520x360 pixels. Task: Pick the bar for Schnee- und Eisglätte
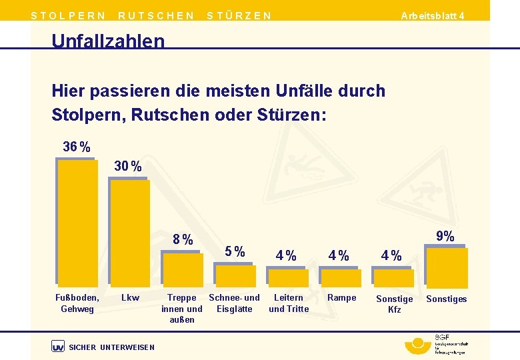click(x=235, y=275)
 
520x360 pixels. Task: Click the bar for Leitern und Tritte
click(x=289, y=278)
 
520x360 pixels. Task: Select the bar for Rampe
click(x=341, y=278)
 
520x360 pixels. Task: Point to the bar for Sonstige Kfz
click(x=395, y=278)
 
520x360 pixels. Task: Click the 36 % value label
click(x=77, y=147)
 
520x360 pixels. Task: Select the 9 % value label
click(x=445, y=236)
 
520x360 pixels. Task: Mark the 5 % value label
click(x=235, y=252)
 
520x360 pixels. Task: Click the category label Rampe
click(x=341, y=298)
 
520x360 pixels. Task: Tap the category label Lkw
click(x=130, y=298)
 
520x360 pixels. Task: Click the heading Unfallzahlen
click(x=108, y=41)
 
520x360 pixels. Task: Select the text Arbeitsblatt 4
click(x=433, y=15)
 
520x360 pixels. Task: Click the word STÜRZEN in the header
click(x=239, y=15)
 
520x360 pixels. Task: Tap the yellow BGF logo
click(x=418, y=345)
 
